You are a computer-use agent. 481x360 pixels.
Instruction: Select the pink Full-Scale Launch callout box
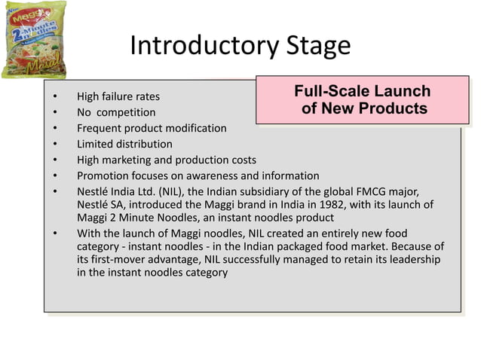point(362,100)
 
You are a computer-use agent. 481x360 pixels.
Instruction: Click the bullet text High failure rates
point(118,97)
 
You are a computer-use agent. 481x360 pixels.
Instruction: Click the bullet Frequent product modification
point(151,128)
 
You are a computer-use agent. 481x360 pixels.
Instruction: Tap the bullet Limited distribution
point(124,144)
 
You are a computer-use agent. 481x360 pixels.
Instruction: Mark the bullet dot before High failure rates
point(55,97)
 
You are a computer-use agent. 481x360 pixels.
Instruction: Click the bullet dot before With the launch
point(55,232)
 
